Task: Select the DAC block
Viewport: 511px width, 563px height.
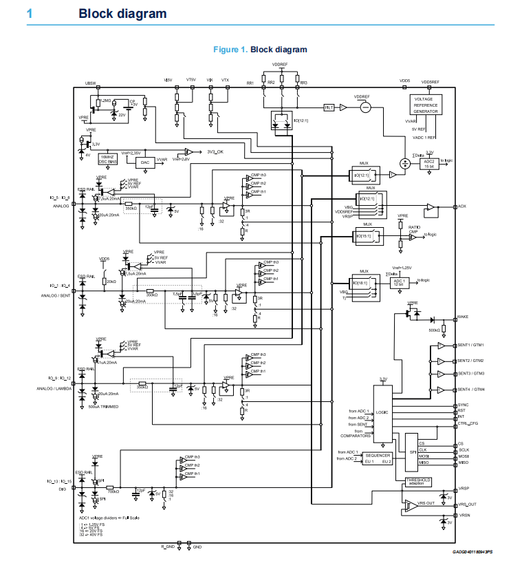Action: pos(144,162)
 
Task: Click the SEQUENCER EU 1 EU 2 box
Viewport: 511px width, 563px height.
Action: pos(378,458)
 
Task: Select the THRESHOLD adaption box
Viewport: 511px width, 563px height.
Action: pos(418,481)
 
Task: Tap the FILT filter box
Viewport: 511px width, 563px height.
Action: pos(329,107)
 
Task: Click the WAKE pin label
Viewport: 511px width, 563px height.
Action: pos(464,317)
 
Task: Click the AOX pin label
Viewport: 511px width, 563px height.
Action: pos(462,206)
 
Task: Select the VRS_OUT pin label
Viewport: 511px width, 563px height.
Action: pos(468,504)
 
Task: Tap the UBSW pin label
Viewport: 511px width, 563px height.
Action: pos(90,83)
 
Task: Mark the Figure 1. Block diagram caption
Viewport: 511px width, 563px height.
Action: pos(260,50)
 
